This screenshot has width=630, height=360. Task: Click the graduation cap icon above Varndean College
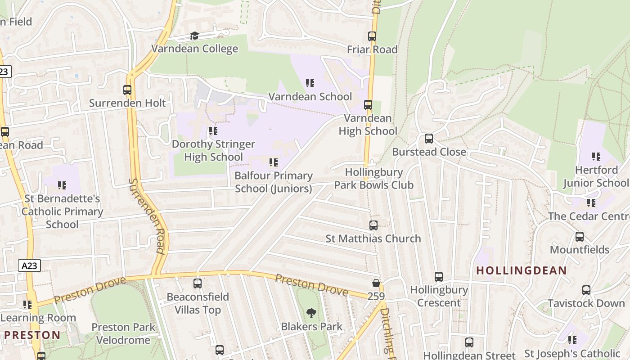(x=194, y=36)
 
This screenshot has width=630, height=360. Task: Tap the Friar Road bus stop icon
(x=372, y=36)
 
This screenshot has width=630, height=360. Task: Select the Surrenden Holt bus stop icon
(x=127, y=90)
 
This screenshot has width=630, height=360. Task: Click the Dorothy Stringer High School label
(x=213, y=151)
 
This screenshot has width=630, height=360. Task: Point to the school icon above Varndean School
(x=310, y=83)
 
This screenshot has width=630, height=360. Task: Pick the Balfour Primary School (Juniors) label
(x=274, y=182)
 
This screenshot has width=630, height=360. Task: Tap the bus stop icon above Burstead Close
(x=429, y=139)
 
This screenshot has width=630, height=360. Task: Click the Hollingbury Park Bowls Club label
(x=374, y=179)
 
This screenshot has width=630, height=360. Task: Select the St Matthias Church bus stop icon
(x=373, y=225)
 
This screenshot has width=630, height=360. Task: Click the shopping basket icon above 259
(x=376, y=283)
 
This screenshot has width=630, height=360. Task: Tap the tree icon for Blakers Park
(x=311, y=313)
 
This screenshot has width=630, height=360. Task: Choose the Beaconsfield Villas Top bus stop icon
(x=198, y=283)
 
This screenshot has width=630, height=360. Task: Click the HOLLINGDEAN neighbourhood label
(x=522, y=270)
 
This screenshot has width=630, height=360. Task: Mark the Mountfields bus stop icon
(x=580, y=237)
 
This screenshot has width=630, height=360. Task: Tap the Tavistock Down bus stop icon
(x=586, y=290)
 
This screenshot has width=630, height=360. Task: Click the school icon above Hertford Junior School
(x=596, y=157)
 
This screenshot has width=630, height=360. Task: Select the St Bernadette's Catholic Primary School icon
(x=62, y=185)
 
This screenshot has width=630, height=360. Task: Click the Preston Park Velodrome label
(x=123, y=333)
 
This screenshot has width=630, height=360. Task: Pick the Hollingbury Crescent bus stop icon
(x=439, y=277)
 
